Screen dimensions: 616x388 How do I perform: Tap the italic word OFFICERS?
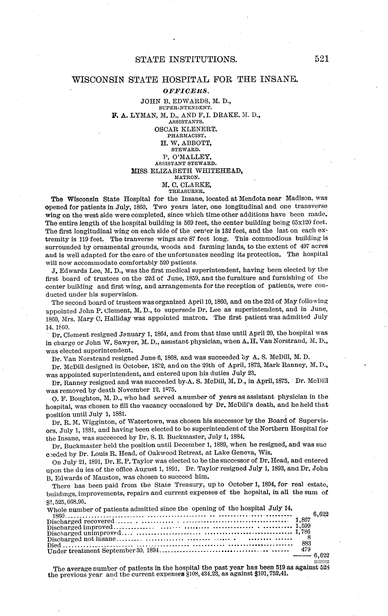(186, 91)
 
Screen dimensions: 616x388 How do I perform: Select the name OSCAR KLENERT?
(186, 129)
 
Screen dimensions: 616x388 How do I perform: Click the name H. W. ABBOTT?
(186, 143)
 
